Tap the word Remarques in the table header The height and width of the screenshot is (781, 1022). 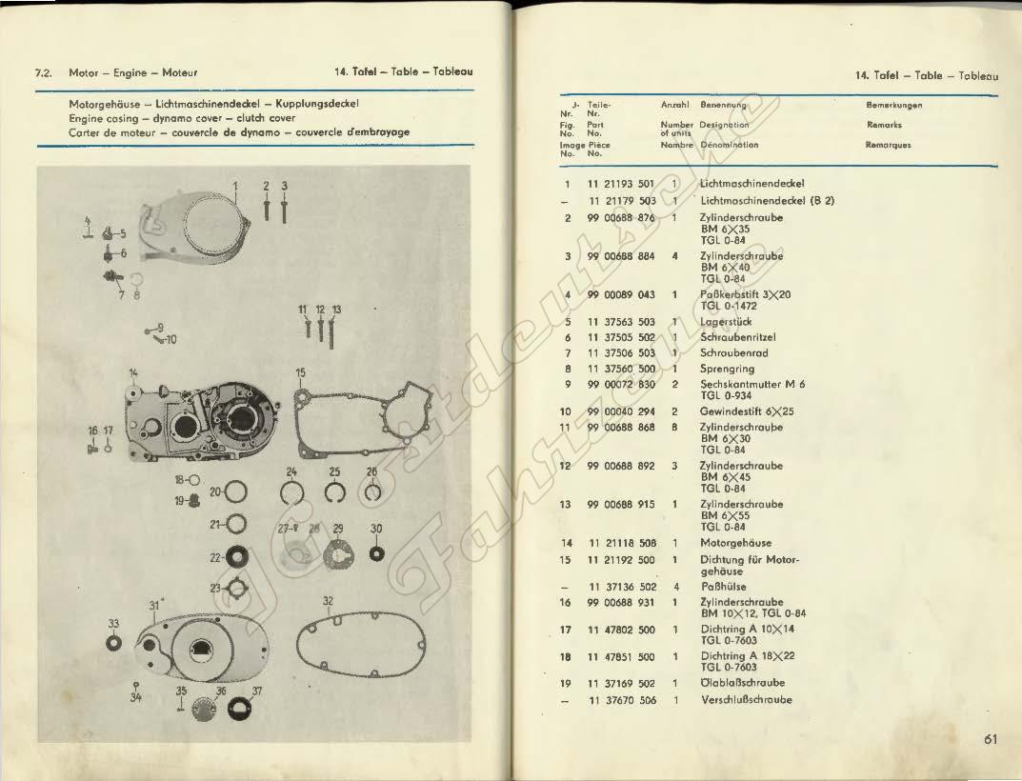click(x=889, y=146)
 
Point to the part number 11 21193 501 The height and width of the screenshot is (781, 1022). click(x=621, y=184)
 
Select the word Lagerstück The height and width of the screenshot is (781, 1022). click(x=727, y=323)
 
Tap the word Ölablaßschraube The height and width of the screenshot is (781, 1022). click(x=744, y=683)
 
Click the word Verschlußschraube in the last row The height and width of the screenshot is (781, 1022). click(x=746, y=700)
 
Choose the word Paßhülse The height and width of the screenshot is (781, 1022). click(x=723, y=588)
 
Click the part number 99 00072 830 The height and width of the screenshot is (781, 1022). click(x=621, y=384)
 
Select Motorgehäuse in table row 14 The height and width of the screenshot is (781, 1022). click(x=735, y=543)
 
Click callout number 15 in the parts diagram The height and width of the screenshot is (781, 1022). click(x=299, y=371)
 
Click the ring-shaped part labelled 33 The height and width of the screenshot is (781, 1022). click(x=113, y=643)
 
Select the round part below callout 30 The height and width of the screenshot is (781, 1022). click(x=376, y=552)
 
